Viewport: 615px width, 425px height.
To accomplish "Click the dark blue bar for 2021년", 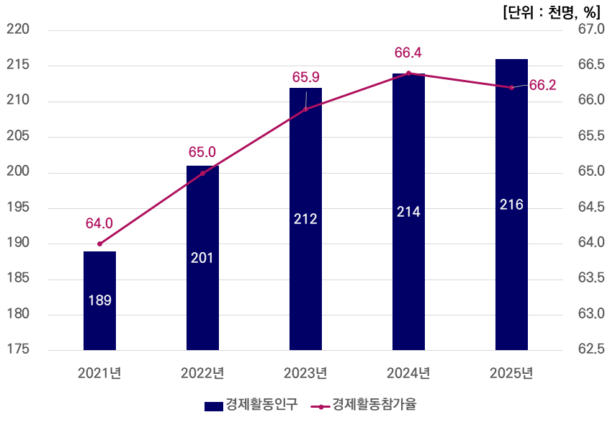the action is [99, 300].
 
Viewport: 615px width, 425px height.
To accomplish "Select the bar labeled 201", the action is [202, 258].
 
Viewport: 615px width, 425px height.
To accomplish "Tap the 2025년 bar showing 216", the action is [511, 205].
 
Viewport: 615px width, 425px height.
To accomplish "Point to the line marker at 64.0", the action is [99, 244].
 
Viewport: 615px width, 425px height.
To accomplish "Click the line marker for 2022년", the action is [203, 173].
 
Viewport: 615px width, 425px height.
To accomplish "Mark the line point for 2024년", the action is [409, 73].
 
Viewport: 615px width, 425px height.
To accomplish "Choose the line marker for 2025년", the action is [511, 87].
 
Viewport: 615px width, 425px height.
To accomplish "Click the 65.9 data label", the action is [306, 77].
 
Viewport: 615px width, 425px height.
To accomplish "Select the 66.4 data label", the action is [408, 53].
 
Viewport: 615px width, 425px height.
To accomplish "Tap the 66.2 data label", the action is [543, 85].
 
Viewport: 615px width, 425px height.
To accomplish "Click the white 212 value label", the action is [305, 219].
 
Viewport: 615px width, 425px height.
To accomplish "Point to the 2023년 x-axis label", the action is [305, 373].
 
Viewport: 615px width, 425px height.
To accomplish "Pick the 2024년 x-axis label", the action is [408, 373].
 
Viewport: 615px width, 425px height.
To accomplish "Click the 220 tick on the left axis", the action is [18, 29].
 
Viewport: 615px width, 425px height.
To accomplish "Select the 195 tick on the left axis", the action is [18, 207].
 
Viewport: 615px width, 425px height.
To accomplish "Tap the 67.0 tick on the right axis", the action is [591, 29].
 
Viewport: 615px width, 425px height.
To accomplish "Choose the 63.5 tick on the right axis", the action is [591, 278].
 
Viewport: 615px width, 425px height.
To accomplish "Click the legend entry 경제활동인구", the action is [251, 405].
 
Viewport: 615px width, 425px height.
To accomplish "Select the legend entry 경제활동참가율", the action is [364, 405].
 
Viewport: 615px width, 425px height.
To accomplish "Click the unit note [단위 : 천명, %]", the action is [552, 12].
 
